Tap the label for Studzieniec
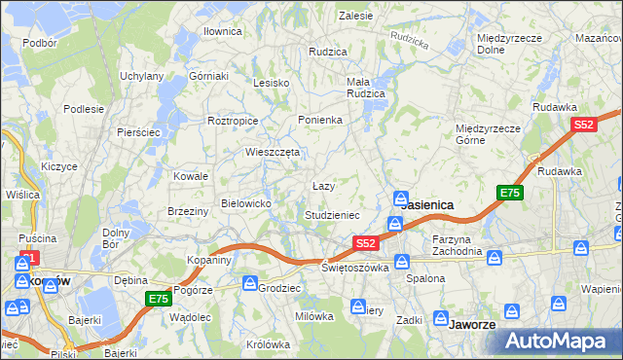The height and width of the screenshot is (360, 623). coord(332,214)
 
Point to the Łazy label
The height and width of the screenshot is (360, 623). coord(323,185)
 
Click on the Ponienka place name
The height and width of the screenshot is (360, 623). coord(320,120)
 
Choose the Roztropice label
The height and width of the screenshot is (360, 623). coord(233,121)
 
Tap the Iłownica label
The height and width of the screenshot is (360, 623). coord(222,31)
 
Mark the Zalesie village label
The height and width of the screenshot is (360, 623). coord(356,16)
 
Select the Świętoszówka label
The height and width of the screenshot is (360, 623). coord(354,267)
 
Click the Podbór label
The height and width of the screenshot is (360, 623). coord(40,43)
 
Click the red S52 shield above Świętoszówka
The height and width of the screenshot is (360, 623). coord(365,243)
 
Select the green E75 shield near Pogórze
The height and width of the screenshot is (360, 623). coord(158,299)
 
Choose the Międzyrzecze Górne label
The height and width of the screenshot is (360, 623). coord(489,133)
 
